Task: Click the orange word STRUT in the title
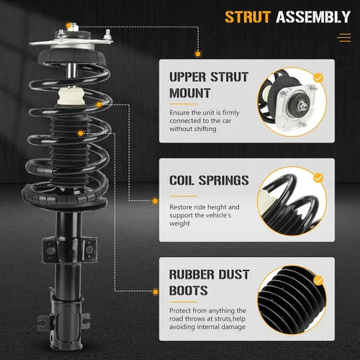pos(248,17)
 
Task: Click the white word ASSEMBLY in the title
pos(313,17)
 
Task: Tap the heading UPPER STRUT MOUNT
pos(209,85)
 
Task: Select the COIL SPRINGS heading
pos(209,180)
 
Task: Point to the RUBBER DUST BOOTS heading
pos(210,282)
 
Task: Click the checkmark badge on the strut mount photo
pos(318,78)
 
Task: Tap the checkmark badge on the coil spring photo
pos(318,178)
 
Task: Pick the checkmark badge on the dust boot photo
pos(318,281)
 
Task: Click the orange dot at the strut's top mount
pos(68,25)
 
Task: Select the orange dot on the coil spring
pos(99,104)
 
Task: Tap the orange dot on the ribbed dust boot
pos(81,133)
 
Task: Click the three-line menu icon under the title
pos(344,38)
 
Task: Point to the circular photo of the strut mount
pos(292,102)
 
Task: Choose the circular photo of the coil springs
pos(292,201)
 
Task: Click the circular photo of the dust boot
pos(292,300)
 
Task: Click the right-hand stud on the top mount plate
pos(107,35)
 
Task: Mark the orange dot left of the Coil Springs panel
pos(156,201)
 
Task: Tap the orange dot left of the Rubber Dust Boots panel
pos(156,292)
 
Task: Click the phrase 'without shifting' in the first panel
pos(193,129)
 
